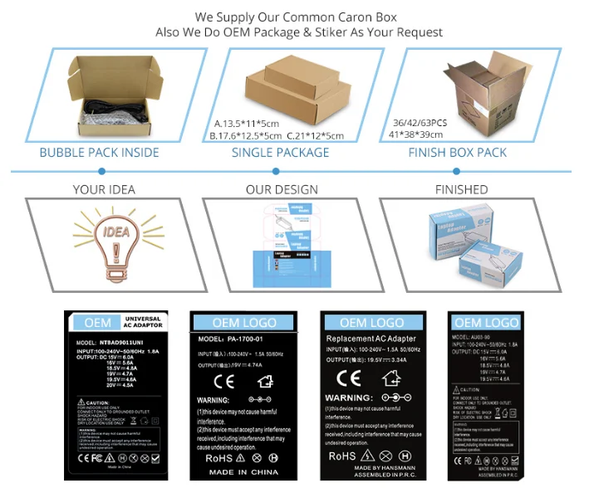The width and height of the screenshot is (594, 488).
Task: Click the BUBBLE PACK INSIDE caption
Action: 100,153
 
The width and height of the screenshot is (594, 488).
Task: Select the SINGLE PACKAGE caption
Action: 280,153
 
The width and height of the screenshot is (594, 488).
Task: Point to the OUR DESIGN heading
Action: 282,189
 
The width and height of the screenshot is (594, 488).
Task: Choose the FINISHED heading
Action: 461,189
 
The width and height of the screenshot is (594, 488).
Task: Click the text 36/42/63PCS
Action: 420,123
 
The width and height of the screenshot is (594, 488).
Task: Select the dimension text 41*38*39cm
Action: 416,134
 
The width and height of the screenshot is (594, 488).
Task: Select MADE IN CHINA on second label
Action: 243,472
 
